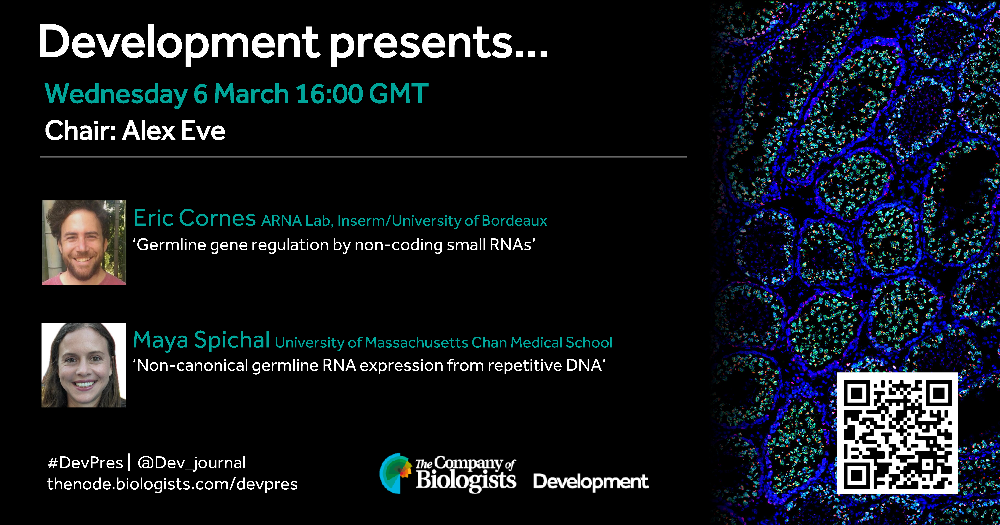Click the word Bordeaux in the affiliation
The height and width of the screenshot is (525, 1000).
[514, 221]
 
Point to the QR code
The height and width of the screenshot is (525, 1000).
[897, 433]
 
